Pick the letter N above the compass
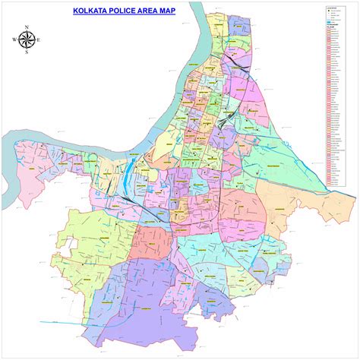pyautogui.click(x=27, y=27)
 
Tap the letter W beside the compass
pyautogui.click(x=14, y=39)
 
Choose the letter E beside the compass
pyautogui.click(x=39, y=39)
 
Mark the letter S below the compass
pyautogui.click(x=27, y=52)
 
